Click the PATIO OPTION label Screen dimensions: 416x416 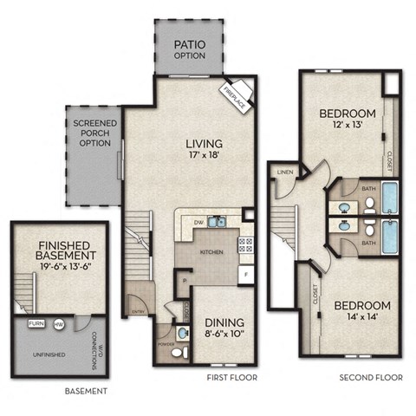[x=189, y=49]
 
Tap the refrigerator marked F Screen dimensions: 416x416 [x=245, y=275]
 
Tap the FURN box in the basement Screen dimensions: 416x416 [x=36, y=323]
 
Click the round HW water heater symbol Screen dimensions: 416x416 [x=59, y=323]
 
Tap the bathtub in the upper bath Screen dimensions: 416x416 [x=391, y=198]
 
